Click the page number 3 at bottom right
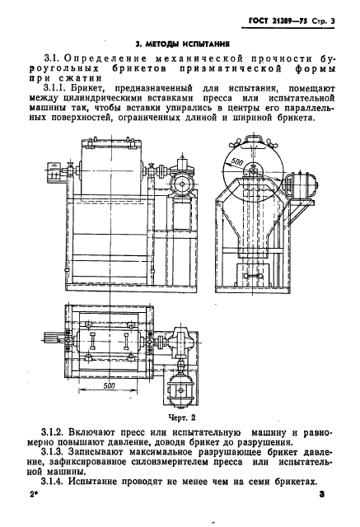coord(322,498)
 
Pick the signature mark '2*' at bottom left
coord(35,498)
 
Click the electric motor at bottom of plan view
coord(180,385)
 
